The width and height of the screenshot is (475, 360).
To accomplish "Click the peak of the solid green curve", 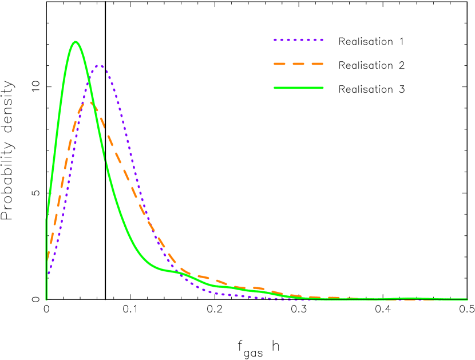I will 75,42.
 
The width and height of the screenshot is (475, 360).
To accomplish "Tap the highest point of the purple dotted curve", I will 100,66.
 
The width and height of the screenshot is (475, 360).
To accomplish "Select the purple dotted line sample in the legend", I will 298,40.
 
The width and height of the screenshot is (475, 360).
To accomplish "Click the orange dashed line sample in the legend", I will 298,64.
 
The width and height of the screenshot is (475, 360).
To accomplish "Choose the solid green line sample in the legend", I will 298,88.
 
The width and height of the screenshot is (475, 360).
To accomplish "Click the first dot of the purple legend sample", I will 275,40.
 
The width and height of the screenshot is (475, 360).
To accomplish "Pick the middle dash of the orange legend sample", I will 298,64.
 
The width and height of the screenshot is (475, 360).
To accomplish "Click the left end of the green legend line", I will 274,88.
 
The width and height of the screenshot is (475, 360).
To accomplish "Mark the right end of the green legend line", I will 323,88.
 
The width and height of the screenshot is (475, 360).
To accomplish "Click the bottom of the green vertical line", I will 46,299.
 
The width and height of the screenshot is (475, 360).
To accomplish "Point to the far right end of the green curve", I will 467,299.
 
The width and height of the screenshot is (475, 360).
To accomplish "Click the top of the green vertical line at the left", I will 46,217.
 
